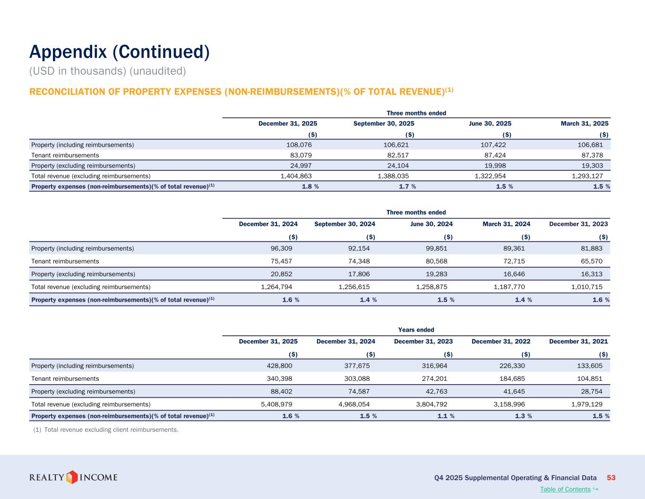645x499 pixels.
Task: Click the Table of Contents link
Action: (x=565, y=489)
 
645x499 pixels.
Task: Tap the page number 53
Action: (x=611, y=478)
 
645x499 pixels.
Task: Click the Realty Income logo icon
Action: (x=71, y=477)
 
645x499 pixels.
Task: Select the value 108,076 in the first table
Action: (x=296, y=145)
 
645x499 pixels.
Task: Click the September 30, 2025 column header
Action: (x=384, y=123)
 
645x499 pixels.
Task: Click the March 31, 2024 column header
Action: (x=506, y=224)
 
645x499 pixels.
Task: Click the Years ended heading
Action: (x=416, y=330)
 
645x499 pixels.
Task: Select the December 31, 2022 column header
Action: (x=501, y=341)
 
